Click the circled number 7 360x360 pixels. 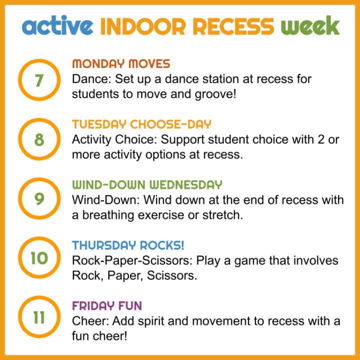[x=38, y=79]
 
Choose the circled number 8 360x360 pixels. [x=38, y=139]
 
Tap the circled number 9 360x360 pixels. [x=38, y=199]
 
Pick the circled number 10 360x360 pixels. [x=38, y=258]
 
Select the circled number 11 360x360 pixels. [x=38, y=318]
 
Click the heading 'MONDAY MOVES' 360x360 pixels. [x=121, y=64]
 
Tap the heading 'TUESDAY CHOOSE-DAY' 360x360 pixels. [x=141, y=124]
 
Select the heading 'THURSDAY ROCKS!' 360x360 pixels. [x=128, y=245]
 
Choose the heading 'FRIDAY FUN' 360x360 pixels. [x=107, y=305]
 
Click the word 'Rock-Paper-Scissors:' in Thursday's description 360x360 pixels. [x=132, y=260]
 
